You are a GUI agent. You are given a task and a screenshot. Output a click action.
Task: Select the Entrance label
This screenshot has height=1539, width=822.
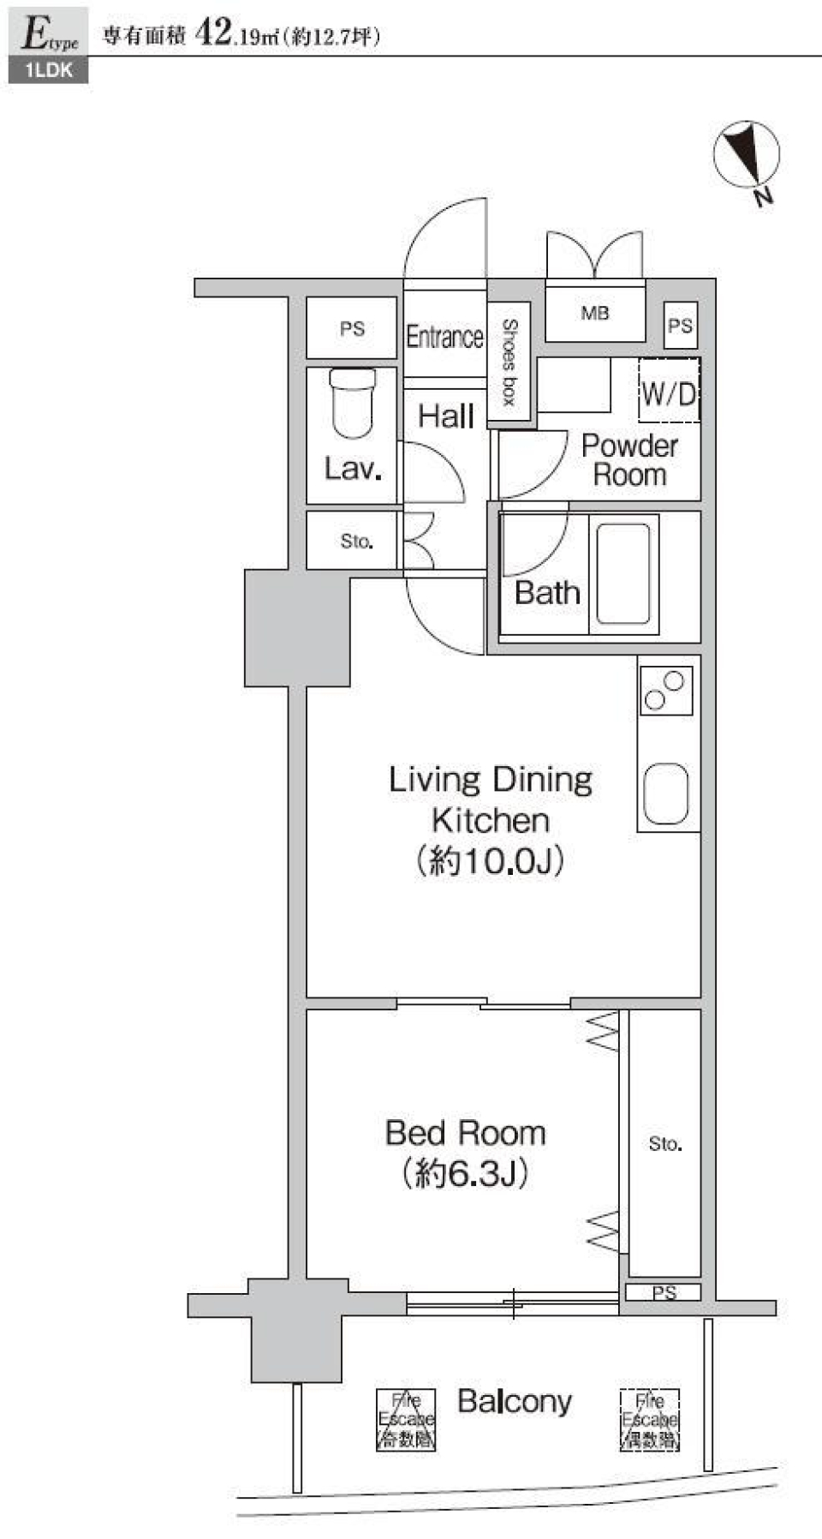[444, 337]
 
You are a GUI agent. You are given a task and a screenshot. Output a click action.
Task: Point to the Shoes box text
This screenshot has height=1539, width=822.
[509, 362]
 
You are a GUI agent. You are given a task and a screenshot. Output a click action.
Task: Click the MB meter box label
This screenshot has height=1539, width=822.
[595, 313]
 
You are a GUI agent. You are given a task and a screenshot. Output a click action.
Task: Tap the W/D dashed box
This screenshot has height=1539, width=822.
[669, 392]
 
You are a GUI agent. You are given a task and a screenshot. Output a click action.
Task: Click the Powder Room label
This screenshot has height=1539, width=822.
[629, 460]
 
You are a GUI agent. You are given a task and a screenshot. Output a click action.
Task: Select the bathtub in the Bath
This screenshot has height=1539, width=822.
[623, 573]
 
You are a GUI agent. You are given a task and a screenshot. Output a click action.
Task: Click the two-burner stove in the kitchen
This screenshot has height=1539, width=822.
[666, 691]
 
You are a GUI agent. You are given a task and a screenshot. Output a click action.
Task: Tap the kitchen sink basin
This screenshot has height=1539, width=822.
[666, 793]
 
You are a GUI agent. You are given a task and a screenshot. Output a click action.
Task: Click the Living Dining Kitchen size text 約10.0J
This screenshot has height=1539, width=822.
[490, 860]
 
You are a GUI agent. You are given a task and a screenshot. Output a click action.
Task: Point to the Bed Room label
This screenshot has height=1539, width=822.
[465, 1133]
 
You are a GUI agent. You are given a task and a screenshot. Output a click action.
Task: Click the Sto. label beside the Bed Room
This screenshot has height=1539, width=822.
[665, 1144]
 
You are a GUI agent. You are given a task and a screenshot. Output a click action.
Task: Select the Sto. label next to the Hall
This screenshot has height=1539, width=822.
[356, 542]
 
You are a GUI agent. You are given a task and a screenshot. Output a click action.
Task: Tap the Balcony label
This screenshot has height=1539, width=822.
[514, 1401]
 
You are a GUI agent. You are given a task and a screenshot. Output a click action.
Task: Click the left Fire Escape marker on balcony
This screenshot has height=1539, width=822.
[406, 1419]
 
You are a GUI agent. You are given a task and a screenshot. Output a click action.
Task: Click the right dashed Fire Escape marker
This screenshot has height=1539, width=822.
[650, 1420]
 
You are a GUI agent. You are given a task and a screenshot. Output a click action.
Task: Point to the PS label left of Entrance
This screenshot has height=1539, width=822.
[352, 328]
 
